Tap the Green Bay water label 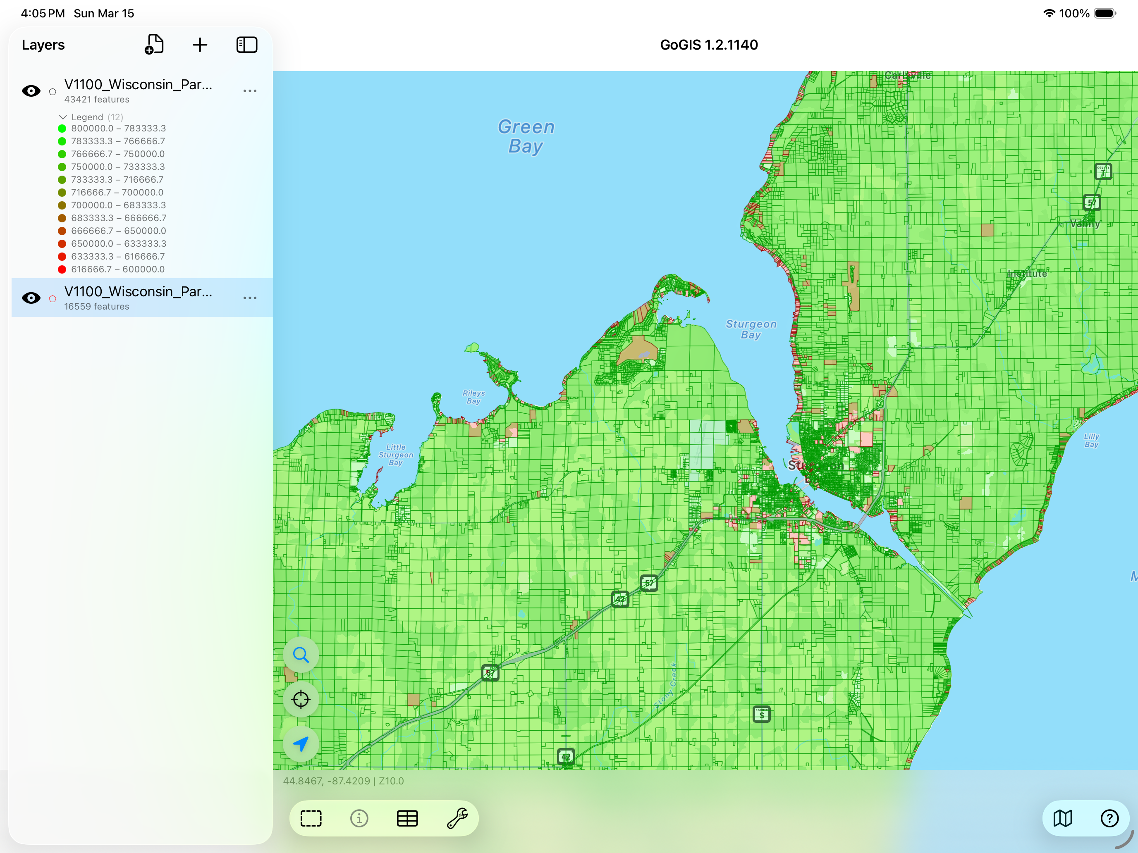tap(526, 136)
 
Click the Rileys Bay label tap(473, 397)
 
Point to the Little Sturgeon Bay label tap(396, 455)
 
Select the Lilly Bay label tap(1091, 440)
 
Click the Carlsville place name tap(908, 76)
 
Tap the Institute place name tap(1027, 274)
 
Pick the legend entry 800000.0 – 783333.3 tap(118, 129)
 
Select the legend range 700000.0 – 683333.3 tap(118, 205)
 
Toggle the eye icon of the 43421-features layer tap(31, 91)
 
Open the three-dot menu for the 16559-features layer tap(249, 298)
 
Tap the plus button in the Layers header tap(200, 45)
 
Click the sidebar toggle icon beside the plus tap(246, 45)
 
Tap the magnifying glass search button tap(301, 655)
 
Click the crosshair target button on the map tap(301, 699)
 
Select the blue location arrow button tap(301, 744)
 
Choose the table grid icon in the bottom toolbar tap(407, 818)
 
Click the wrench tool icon tap(457, 818)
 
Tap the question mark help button tap(1109, 818)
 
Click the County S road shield tap(761, 714)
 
